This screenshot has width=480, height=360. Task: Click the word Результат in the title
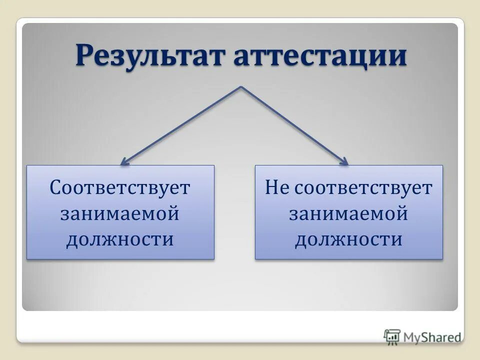coord(151,56)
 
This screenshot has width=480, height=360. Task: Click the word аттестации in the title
coord(319,56)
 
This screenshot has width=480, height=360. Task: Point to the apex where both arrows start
coord(241,87)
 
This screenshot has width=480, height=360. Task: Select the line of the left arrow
coord(183,124)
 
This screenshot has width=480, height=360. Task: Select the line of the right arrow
coord(294,124)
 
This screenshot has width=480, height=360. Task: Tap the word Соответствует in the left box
coord(120,188)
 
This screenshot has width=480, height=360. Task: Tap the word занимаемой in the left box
coord(120,213)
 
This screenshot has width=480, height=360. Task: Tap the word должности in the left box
coord(120,239)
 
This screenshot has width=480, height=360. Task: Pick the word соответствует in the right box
coord(363,188)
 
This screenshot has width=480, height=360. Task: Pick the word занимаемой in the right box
coord(348,213)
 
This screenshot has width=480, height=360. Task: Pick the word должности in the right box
coord(348,239)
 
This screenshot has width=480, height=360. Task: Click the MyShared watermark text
coord(432,337)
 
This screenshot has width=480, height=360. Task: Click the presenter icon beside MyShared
coord(392,336)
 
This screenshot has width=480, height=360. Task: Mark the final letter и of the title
coord(398,56)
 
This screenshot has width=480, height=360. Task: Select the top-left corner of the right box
coord(255,166)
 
